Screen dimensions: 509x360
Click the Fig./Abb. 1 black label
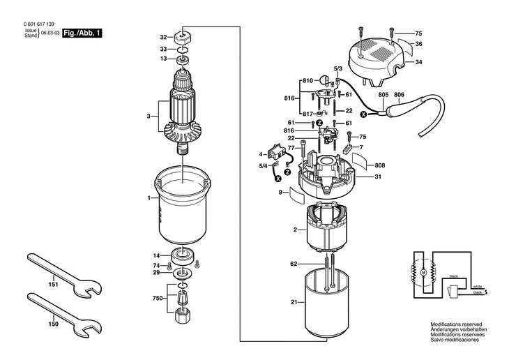pyautogui.click(x=82, y=33)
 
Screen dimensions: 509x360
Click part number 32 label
pyautogui.click(x=163, y=38)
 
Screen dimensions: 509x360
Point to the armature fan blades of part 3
pyautogui.click(x=183, y=133)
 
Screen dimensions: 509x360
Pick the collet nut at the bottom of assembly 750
pyautogui.click(x=183, y=315)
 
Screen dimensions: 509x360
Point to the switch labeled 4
pyautogui.click(x=277, y=151)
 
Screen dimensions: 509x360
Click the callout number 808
pyautogui.click(x=380, y=165)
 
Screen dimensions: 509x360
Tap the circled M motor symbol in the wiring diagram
pyautogui.click(x=423, y=271)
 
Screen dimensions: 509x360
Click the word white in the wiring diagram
pyautogui.click(x=478, y=287)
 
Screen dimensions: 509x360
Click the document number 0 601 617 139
pyautogui.click(x=39, y=24)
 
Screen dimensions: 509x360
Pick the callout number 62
pyautogui.click(x=294, y=264)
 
